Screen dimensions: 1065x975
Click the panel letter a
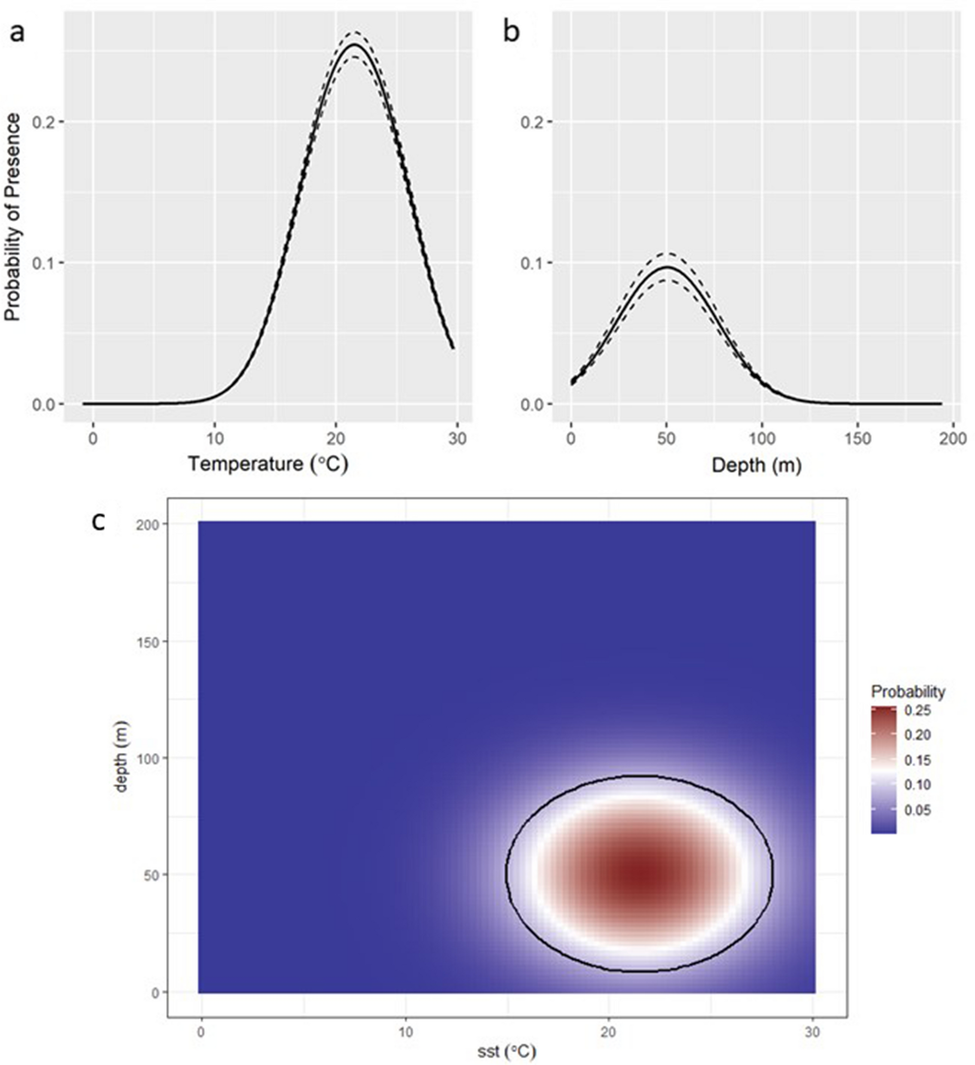coord(17,33)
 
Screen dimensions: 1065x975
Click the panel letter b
coord(511,33)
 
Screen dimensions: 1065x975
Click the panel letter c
coord(99,521)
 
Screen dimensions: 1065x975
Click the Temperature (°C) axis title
coord(268,464)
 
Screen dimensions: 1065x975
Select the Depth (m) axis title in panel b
coord(756,466)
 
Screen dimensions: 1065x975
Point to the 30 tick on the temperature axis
coord(457,439)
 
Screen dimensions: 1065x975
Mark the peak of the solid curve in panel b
coord(667,267)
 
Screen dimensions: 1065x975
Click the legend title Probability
coord(908,691)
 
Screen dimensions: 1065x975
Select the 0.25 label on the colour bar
coord(918,710)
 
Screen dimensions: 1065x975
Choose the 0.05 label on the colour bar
coord(918,810)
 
